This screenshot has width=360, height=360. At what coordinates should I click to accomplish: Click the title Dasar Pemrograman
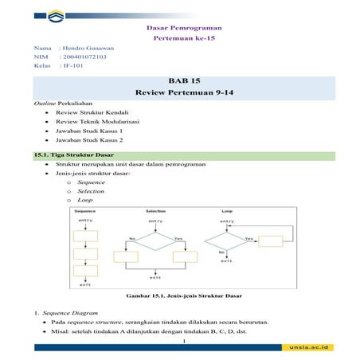(x=181, y=28)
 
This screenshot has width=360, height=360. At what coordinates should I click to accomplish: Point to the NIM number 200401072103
(x=84, y=57)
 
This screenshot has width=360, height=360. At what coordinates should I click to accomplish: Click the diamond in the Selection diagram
(x=156, y=238)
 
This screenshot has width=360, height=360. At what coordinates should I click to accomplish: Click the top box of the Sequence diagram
(x=84, y=236)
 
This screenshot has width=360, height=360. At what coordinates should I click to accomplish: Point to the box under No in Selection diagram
(x=126, y=256)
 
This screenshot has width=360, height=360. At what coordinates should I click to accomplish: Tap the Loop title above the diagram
(x=227, y=211)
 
